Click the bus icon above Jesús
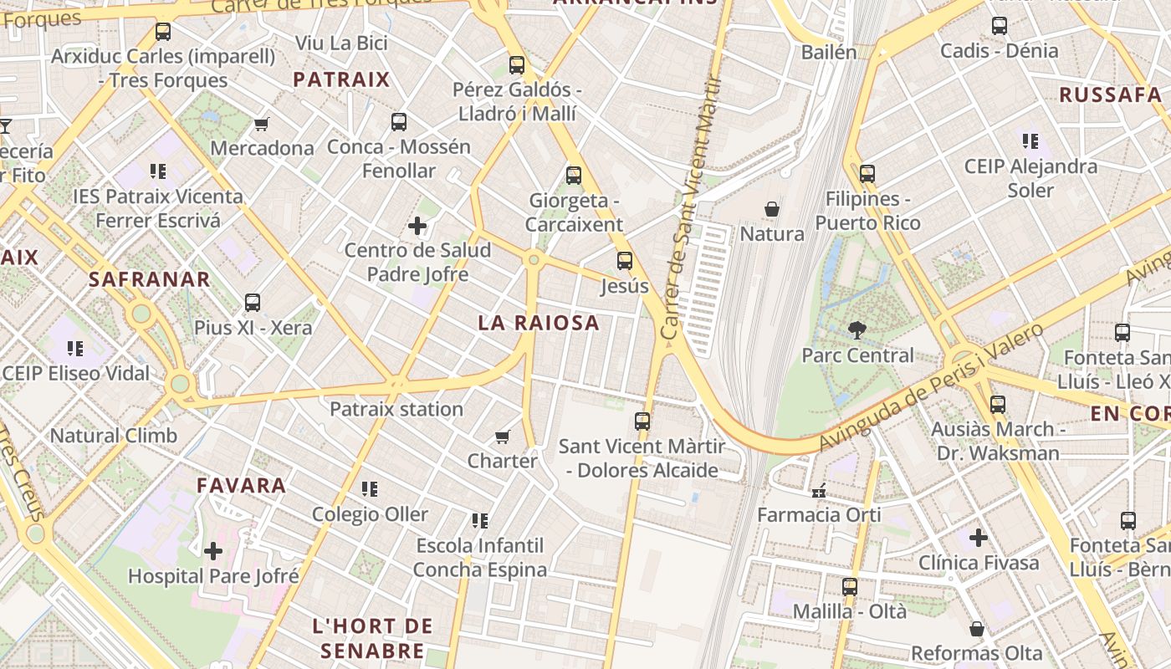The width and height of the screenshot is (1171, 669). coord(625,261)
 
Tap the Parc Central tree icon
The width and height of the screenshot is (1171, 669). coord(857,330)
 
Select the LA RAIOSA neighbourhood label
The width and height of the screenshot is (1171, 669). coord(539,323)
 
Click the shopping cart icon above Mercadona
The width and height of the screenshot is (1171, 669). coord(262,125)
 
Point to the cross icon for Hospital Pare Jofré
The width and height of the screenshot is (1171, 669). coord(213,551)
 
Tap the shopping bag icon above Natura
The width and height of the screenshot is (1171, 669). coord(772,209)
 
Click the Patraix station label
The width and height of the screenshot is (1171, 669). coord(396,409)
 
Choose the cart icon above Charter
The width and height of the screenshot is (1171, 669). coord(503,437)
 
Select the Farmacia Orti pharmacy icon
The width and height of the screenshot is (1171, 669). coord(819,490)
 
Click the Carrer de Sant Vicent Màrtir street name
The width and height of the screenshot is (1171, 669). coord(692,209)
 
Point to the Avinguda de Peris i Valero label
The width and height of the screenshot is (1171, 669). coord(933,386)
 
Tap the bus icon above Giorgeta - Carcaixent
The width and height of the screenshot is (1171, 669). coord(574,176)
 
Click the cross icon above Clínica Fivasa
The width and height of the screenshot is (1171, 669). coord(979,538)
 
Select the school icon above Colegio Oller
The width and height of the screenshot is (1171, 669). coord(369,489)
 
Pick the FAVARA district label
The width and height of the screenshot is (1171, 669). coord(241,485)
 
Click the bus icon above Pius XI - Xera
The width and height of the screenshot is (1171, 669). coord(253,303)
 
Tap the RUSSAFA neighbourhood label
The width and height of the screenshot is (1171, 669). coord(1110,94)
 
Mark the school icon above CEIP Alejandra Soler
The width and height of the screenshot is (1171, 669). coord(1030,141)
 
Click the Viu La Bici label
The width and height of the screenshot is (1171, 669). coord(341,43)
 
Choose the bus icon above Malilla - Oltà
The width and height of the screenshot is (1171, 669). coord(850,587)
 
